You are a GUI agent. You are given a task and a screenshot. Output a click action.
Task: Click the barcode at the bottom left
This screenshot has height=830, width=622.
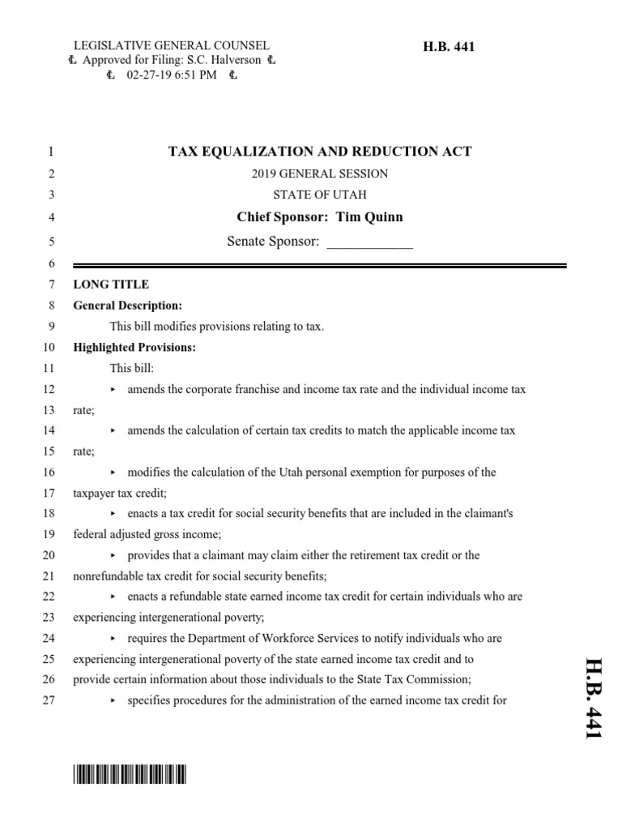[130, 776]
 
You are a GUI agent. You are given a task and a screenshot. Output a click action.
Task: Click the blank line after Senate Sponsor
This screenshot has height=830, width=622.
[369, 242]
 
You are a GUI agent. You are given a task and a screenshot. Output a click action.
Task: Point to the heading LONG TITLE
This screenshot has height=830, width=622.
[111, 285]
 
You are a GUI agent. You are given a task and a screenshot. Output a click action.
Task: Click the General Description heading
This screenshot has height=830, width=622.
[127, 306]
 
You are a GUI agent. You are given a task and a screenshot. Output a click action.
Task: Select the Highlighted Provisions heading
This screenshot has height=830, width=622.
[135, 348]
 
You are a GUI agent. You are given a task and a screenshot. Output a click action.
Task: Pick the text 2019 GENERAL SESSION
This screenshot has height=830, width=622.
[319, 173]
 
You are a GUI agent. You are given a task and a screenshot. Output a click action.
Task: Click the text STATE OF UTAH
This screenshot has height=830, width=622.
[319, 195]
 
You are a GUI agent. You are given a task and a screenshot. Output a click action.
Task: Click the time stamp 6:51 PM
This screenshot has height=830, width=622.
[195, 75]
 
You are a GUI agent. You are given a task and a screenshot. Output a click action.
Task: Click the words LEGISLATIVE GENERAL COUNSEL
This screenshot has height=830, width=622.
[172, 46]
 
